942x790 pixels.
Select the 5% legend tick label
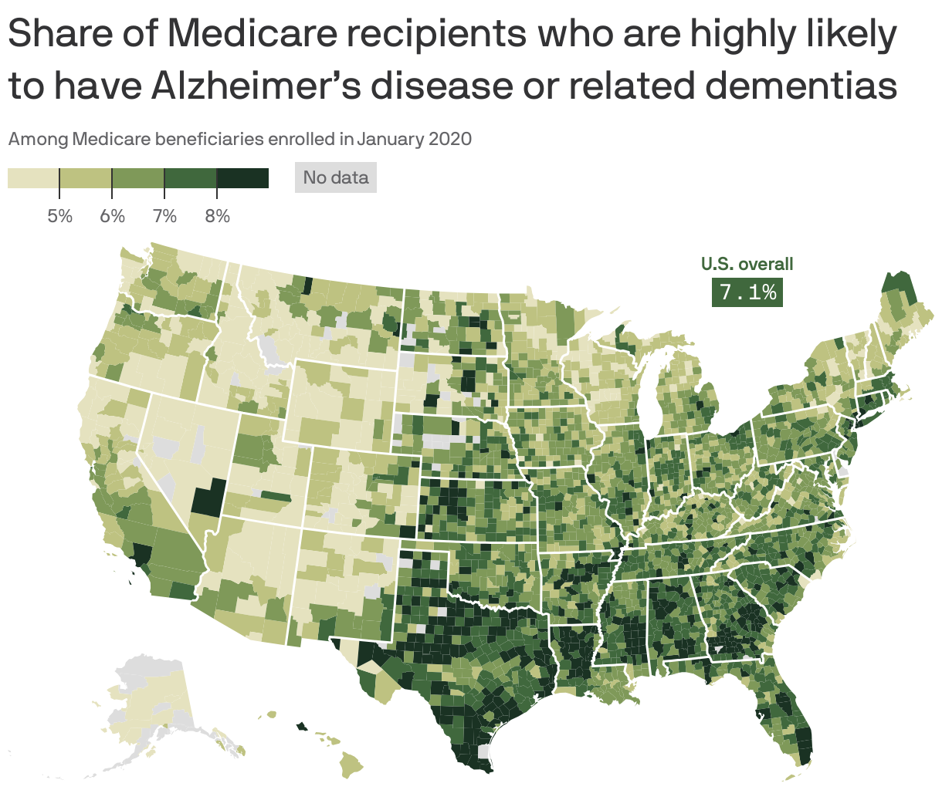click(59, 216)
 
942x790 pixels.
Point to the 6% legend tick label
click(112, 216)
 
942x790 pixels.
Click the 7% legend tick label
click(164, 216)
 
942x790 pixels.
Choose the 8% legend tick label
click(217, 216)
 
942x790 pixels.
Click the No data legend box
click(335, 177)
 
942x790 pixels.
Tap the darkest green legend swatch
click(242, 178)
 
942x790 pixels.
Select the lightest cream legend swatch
click(33, 178)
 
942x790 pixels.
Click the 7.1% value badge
click(747, 292)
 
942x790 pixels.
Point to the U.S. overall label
click(747, 265)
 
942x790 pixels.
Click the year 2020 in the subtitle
click(449, 140)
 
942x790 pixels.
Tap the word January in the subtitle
click(391, 140)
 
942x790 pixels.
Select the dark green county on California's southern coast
click(142, 554)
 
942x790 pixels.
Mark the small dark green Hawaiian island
click(301, 725)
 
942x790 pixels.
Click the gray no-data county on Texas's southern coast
click(484, 751)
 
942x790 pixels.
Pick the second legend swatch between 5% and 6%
click(86, 178)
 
